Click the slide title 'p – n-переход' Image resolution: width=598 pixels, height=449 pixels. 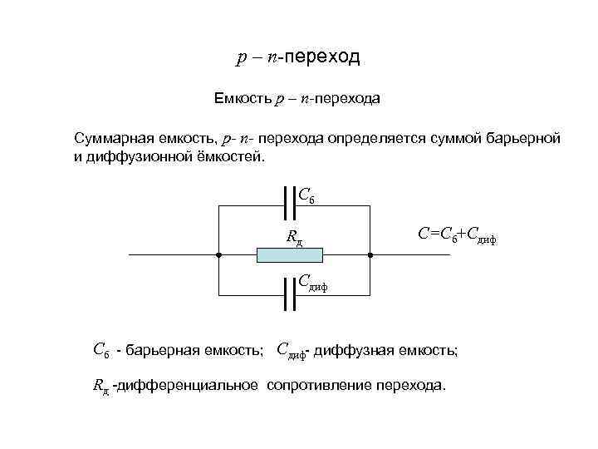298,57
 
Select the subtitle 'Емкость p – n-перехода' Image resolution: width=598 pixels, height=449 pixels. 297,99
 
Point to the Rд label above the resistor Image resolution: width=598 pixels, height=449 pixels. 294,237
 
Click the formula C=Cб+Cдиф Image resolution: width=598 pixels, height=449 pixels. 457,236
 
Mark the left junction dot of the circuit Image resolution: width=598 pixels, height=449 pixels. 217,254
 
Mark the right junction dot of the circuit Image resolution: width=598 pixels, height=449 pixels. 370,254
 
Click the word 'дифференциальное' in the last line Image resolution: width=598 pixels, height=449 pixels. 190,386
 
